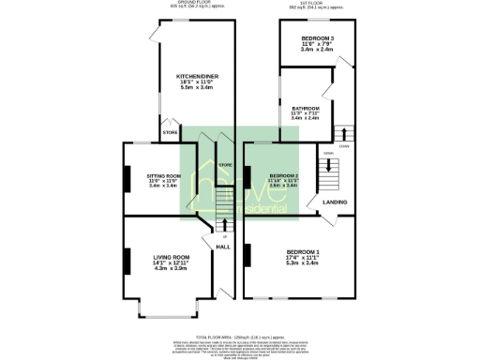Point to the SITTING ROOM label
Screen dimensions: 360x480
[162, 175]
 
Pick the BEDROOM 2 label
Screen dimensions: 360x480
[284, 175]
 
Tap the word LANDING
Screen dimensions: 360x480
[335, 202]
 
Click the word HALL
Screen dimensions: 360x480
[223, 247]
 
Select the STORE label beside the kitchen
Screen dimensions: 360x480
[170, 133]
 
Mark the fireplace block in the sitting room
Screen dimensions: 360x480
[125, 179]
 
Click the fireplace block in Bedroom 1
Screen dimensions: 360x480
[248, 253]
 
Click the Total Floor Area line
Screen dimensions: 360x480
[240, 337]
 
